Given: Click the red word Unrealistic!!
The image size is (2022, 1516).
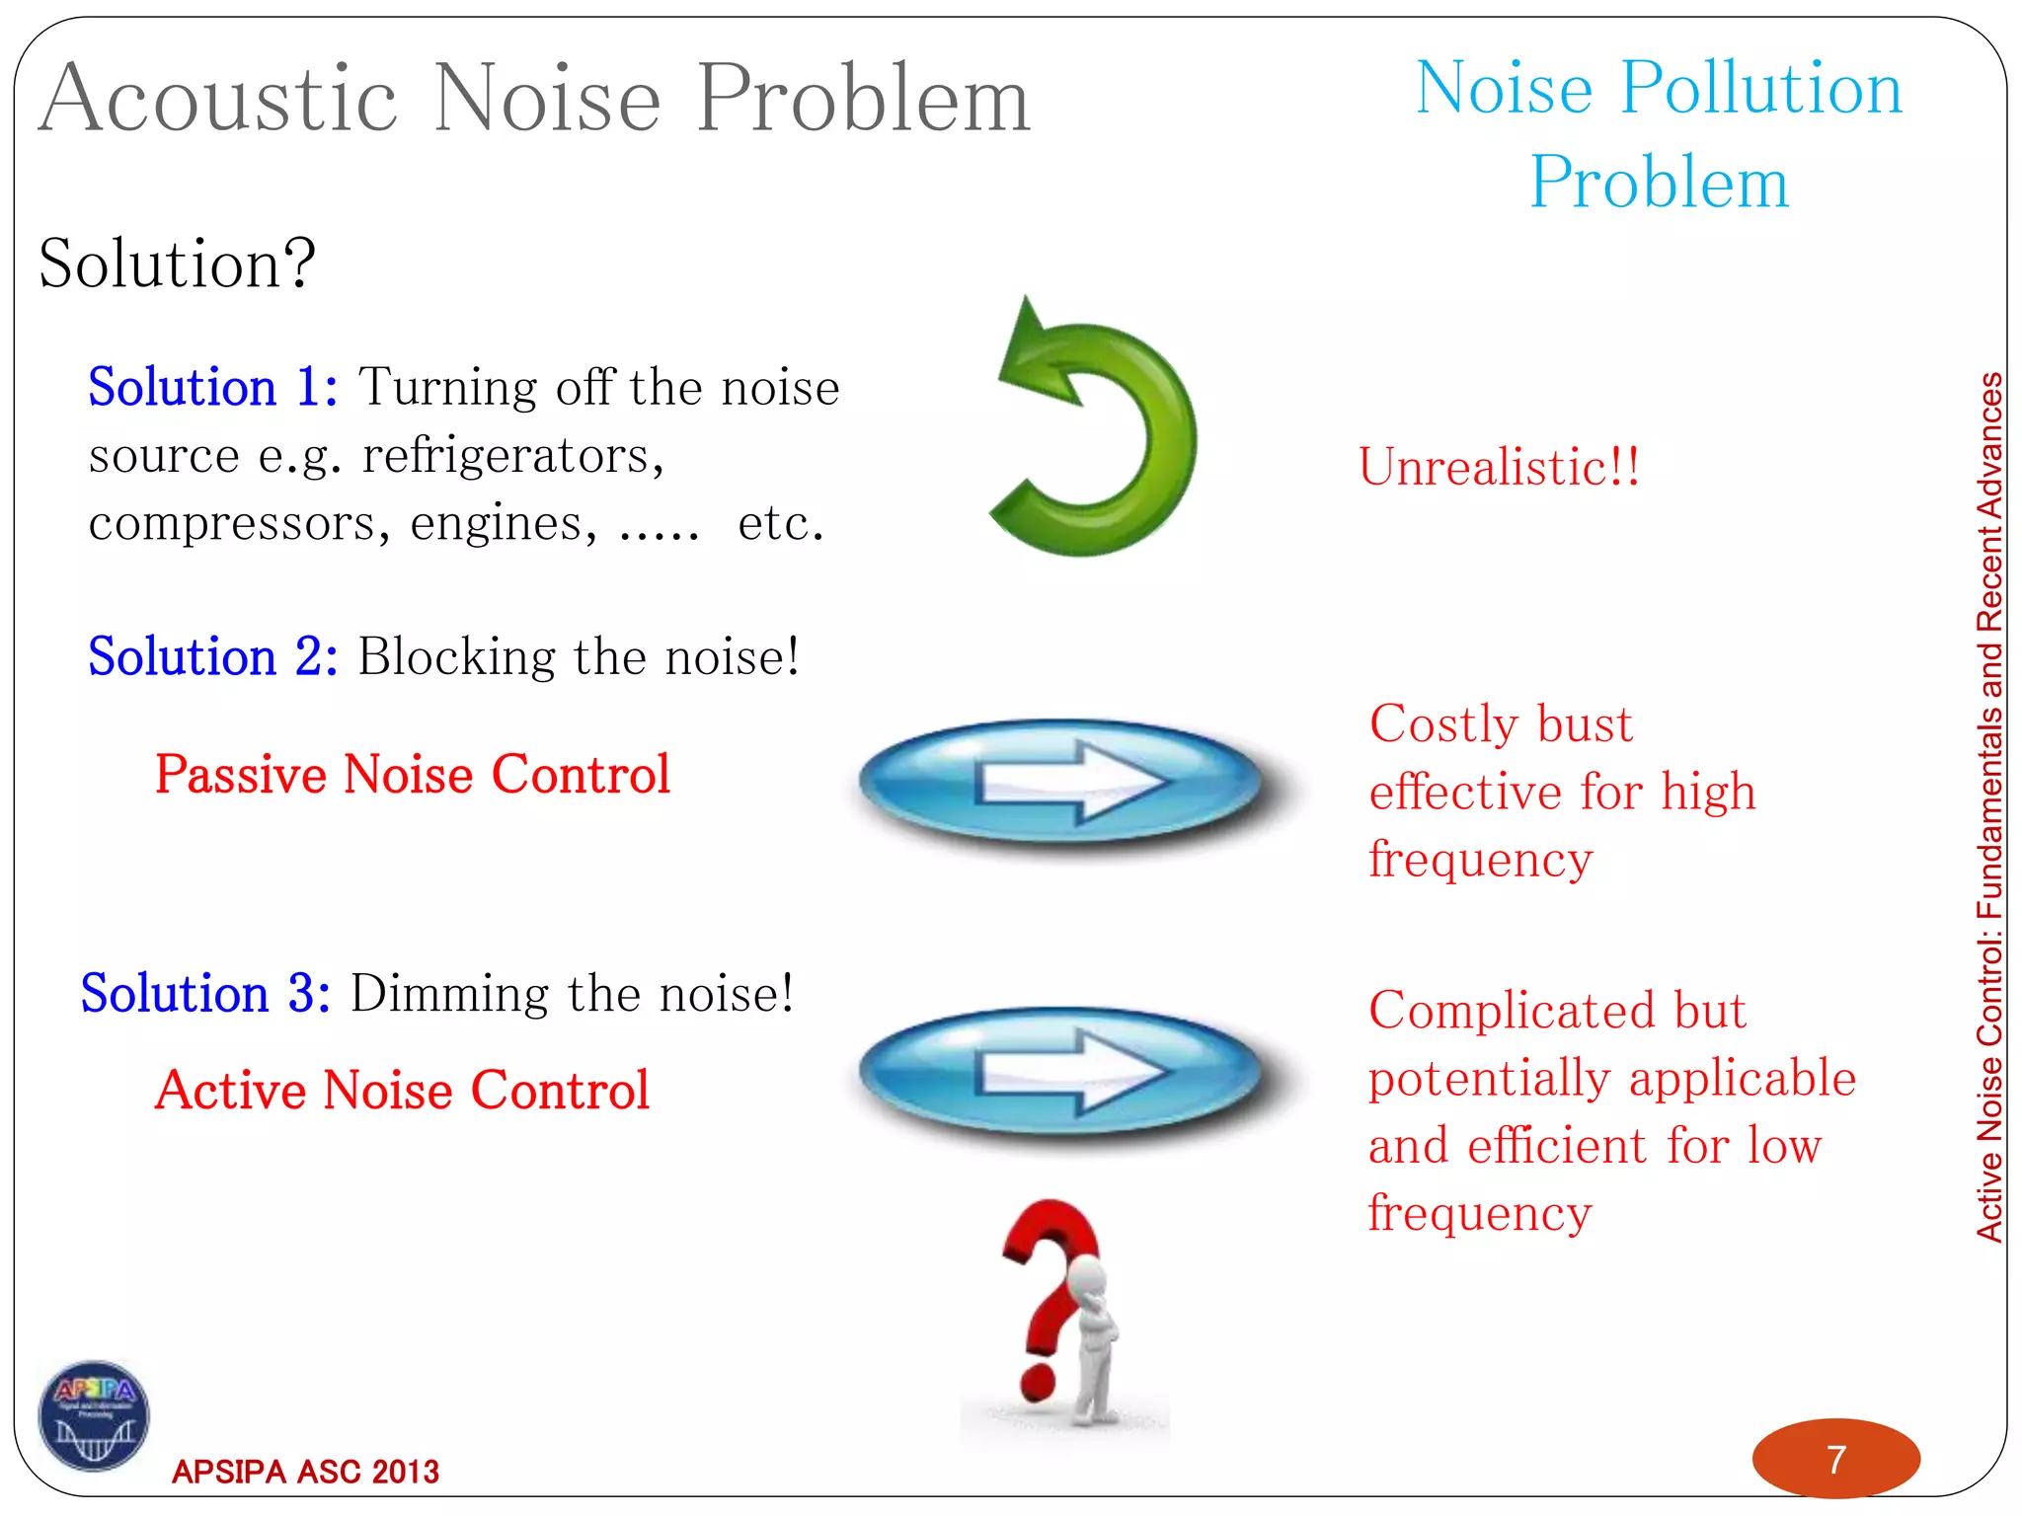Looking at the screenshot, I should pos(1499,466).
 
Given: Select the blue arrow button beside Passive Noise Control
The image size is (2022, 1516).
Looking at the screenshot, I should pos(1061,781).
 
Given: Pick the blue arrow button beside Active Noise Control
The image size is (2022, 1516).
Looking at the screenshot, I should pos(1061,1071).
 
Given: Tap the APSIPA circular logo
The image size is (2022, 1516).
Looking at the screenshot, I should pos(94,1414).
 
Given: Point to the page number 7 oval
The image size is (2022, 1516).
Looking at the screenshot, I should pos(1835,1459).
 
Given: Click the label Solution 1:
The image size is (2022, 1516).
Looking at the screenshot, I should pos(212,387).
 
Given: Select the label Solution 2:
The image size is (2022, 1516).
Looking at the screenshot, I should pos(212,656).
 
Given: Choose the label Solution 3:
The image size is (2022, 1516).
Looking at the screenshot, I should pos(205,993).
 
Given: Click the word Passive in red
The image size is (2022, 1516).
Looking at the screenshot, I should pos(241,775).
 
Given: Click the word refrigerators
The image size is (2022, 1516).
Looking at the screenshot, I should pos(512,456).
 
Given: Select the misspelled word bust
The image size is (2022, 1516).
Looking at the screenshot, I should pos(1584,724).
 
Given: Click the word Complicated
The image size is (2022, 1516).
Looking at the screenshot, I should pos(1511,1011).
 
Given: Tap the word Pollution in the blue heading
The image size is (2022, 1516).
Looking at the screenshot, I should pos(1761,89).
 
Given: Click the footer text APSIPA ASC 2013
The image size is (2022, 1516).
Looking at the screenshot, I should pos(305,1472).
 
